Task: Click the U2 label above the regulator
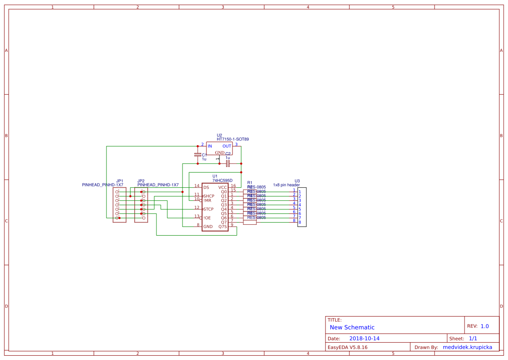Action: point(219,135)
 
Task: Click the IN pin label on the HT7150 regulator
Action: point(209,146)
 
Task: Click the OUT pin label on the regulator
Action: point(227,146)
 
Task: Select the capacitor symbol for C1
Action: point(198,155)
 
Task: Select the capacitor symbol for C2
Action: point(228,163)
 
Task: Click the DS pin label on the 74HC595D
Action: point(206,187)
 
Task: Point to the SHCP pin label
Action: point(209,196)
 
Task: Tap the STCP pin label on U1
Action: point(209,209)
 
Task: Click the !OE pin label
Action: point(207,218)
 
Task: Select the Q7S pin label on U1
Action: point(222,227)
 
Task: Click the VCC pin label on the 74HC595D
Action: point(222,187)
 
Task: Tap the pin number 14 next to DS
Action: point(196,186)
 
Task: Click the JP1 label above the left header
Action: point(120,181)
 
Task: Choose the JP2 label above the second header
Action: point(141,181)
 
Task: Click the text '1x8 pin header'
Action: point(286,185)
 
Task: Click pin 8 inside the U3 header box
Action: point(299,223)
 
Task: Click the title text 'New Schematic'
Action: point(352,327)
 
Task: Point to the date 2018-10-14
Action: point(364,338)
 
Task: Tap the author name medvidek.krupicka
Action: point(467,347)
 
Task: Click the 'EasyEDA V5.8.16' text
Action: point(347,347)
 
